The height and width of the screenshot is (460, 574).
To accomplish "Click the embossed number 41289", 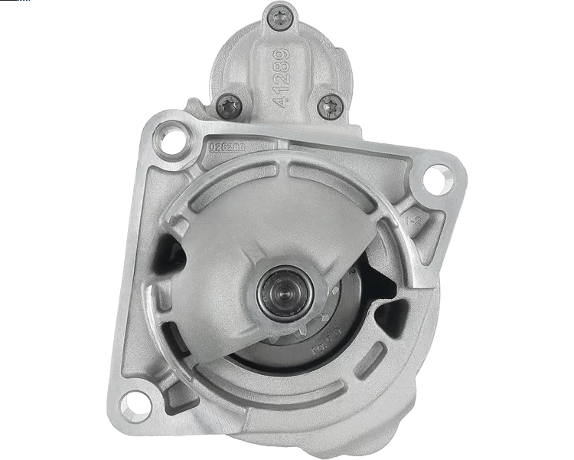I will [281, 77].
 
